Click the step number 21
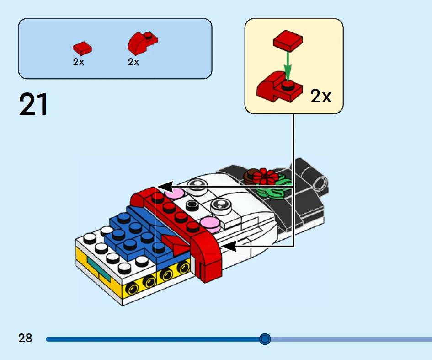[33, 104]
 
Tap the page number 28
[26, 339]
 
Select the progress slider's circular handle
[265, 339]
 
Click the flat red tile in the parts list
[82, 48]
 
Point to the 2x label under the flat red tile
[79, 62]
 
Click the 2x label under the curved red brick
[133, 62]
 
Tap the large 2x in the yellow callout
[320, 97]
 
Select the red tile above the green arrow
[288, 40]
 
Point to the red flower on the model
[265, 176]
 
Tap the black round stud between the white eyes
[191, 205]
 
